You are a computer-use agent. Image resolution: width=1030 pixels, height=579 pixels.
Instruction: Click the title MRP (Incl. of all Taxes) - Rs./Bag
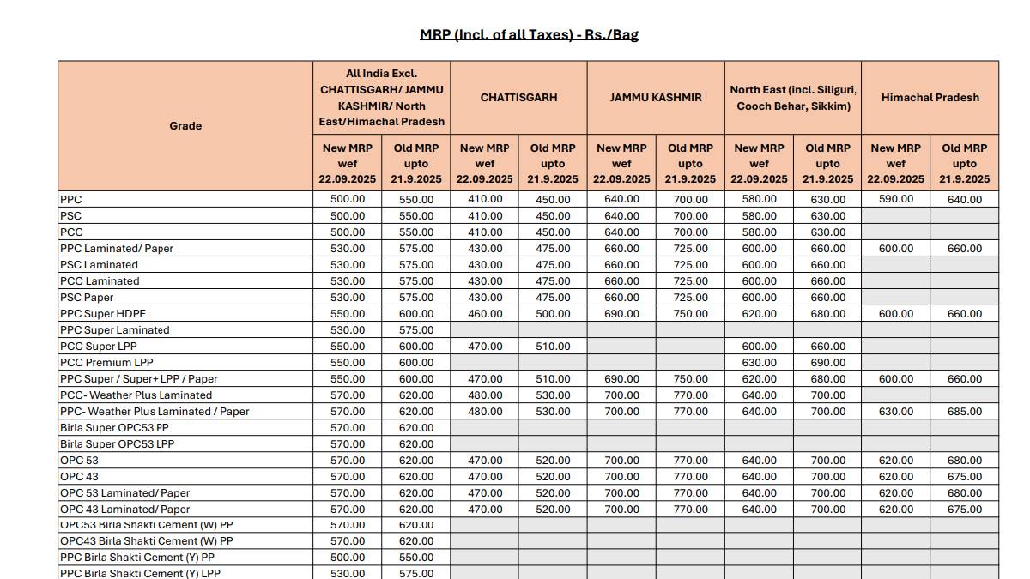(529, 35)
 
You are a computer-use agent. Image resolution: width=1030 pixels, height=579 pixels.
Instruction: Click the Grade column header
(185, 126)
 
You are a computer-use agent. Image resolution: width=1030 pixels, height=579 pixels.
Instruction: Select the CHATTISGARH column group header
(518, 98)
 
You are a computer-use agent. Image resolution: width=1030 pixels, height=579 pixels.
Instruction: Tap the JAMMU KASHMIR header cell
(656, 98)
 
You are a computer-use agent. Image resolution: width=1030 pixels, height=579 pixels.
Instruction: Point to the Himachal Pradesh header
(930, 98)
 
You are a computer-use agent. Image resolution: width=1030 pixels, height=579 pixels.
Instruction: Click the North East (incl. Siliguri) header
(793, 98)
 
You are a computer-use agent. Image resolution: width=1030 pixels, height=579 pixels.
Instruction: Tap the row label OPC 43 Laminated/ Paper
(125, 510)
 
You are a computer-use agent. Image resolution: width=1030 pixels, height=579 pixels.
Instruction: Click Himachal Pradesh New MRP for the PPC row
(896, 200)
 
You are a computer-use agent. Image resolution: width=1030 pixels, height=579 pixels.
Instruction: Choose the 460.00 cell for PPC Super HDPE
(485, 314)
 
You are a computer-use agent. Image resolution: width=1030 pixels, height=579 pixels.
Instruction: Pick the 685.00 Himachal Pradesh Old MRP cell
(965, 412)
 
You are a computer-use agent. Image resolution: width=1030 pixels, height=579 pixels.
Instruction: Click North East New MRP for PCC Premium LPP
(759, 363)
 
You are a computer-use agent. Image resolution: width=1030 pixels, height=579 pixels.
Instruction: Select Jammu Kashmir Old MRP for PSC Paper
(691, 298)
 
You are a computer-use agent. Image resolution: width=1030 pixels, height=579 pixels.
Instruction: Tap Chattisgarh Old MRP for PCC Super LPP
(554, 347)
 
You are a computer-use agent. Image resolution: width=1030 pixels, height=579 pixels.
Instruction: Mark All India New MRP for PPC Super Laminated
(348, 330)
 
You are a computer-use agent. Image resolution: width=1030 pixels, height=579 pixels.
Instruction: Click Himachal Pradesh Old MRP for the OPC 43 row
(965, 477)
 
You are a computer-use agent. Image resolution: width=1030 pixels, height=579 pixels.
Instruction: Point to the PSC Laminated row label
(99, 265)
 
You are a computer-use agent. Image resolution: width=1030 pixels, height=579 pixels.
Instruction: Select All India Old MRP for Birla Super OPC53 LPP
(416, 444)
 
